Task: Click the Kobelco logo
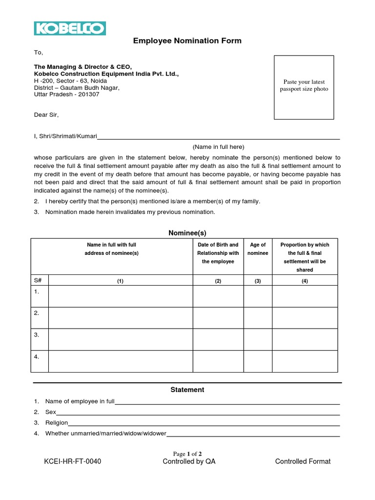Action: click(x=69, y=28)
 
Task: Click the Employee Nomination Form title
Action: click(x=187, y=41)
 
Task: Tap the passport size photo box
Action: click(x=304, y=87)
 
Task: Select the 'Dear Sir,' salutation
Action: click(x=46, y=115)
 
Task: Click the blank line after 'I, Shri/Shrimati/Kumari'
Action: click(x=218, y=138)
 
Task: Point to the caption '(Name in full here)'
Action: click(x=218, y=147)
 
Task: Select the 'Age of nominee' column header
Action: click(x=257, y=249)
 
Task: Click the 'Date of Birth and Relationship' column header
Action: click(x=218, y=253)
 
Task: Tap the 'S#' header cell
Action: click(x=38, y=281)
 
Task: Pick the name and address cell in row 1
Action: click(x=120, y=296)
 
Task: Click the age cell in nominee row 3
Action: click(x=257, y=339)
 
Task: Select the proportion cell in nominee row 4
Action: click(x=304, y=361)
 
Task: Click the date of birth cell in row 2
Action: click(x=218, y=318)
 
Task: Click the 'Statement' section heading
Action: click(x=187, y=390)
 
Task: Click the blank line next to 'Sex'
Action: click(x=198, y=414)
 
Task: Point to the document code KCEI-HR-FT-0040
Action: click(x=72, y=461)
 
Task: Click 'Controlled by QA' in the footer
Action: click(x=188, y=461)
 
